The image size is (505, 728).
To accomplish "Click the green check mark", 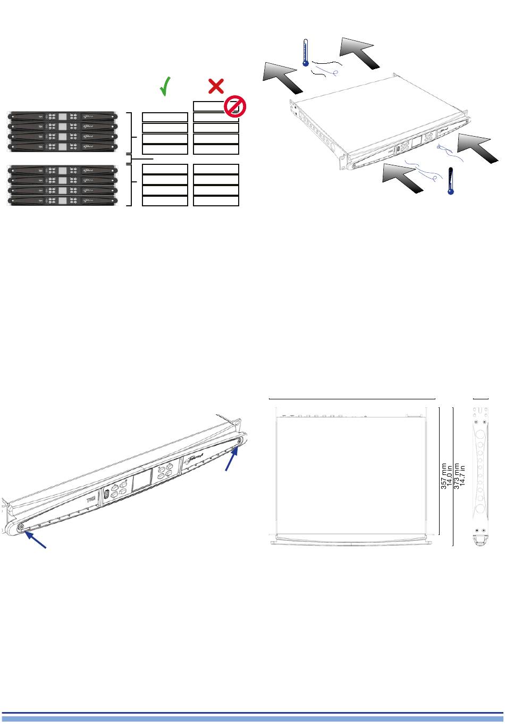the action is (x=166, y=86).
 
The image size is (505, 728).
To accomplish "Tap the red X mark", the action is (x=215, y=86).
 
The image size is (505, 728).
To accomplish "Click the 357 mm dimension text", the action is (x=444, y=475).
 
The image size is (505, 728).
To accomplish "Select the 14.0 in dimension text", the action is (x=450, y=475).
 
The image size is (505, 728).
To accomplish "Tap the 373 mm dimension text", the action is (x=457, y=475).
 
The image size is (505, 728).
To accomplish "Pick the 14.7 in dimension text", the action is (x=462, y=475).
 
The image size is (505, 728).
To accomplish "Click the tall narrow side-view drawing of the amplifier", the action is (x=481, y=476).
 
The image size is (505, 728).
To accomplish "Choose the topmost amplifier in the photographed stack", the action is (x=63, y=116).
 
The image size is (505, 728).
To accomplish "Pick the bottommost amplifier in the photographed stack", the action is (x=63, y=201).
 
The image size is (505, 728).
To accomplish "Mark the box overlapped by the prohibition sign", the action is (x=212, y=106).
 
